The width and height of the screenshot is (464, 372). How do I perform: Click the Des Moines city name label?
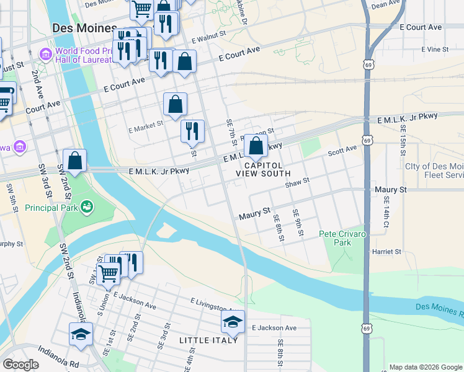84,29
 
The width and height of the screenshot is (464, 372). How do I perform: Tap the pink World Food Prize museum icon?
45,55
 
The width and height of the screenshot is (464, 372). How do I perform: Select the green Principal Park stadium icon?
87,205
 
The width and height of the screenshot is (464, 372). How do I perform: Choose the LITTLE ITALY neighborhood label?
208,340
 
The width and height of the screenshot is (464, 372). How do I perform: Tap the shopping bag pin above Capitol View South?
256,146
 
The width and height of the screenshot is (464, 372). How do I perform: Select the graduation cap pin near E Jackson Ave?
233,322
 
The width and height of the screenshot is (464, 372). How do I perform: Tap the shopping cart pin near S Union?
109,273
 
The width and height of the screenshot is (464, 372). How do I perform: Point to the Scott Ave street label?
342,150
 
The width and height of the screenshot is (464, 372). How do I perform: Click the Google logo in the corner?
20,365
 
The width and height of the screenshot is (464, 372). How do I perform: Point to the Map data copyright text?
425,367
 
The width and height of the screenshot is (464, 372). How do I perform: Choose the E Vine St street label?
434,48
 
